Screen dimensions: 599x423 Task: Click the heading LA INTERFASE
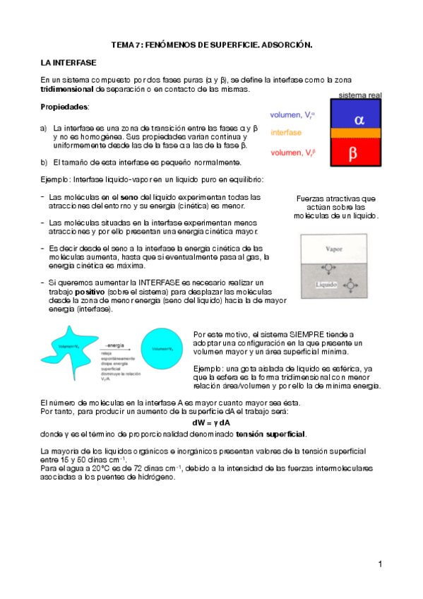tap(68, 63)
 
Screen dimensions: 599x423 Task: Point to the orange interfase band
tap(358, 133)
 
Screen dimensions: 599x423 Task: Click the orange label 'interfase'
tap(286, 132)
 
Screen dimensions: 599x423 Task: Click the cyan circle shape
tap(162, 347)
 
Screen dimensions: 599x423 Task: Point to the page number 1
tap(379, 564)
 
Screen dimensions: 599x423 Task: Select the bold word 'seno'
tap(129, 196)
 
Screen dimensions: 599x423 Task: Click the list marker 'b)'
tap(44, 162)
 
